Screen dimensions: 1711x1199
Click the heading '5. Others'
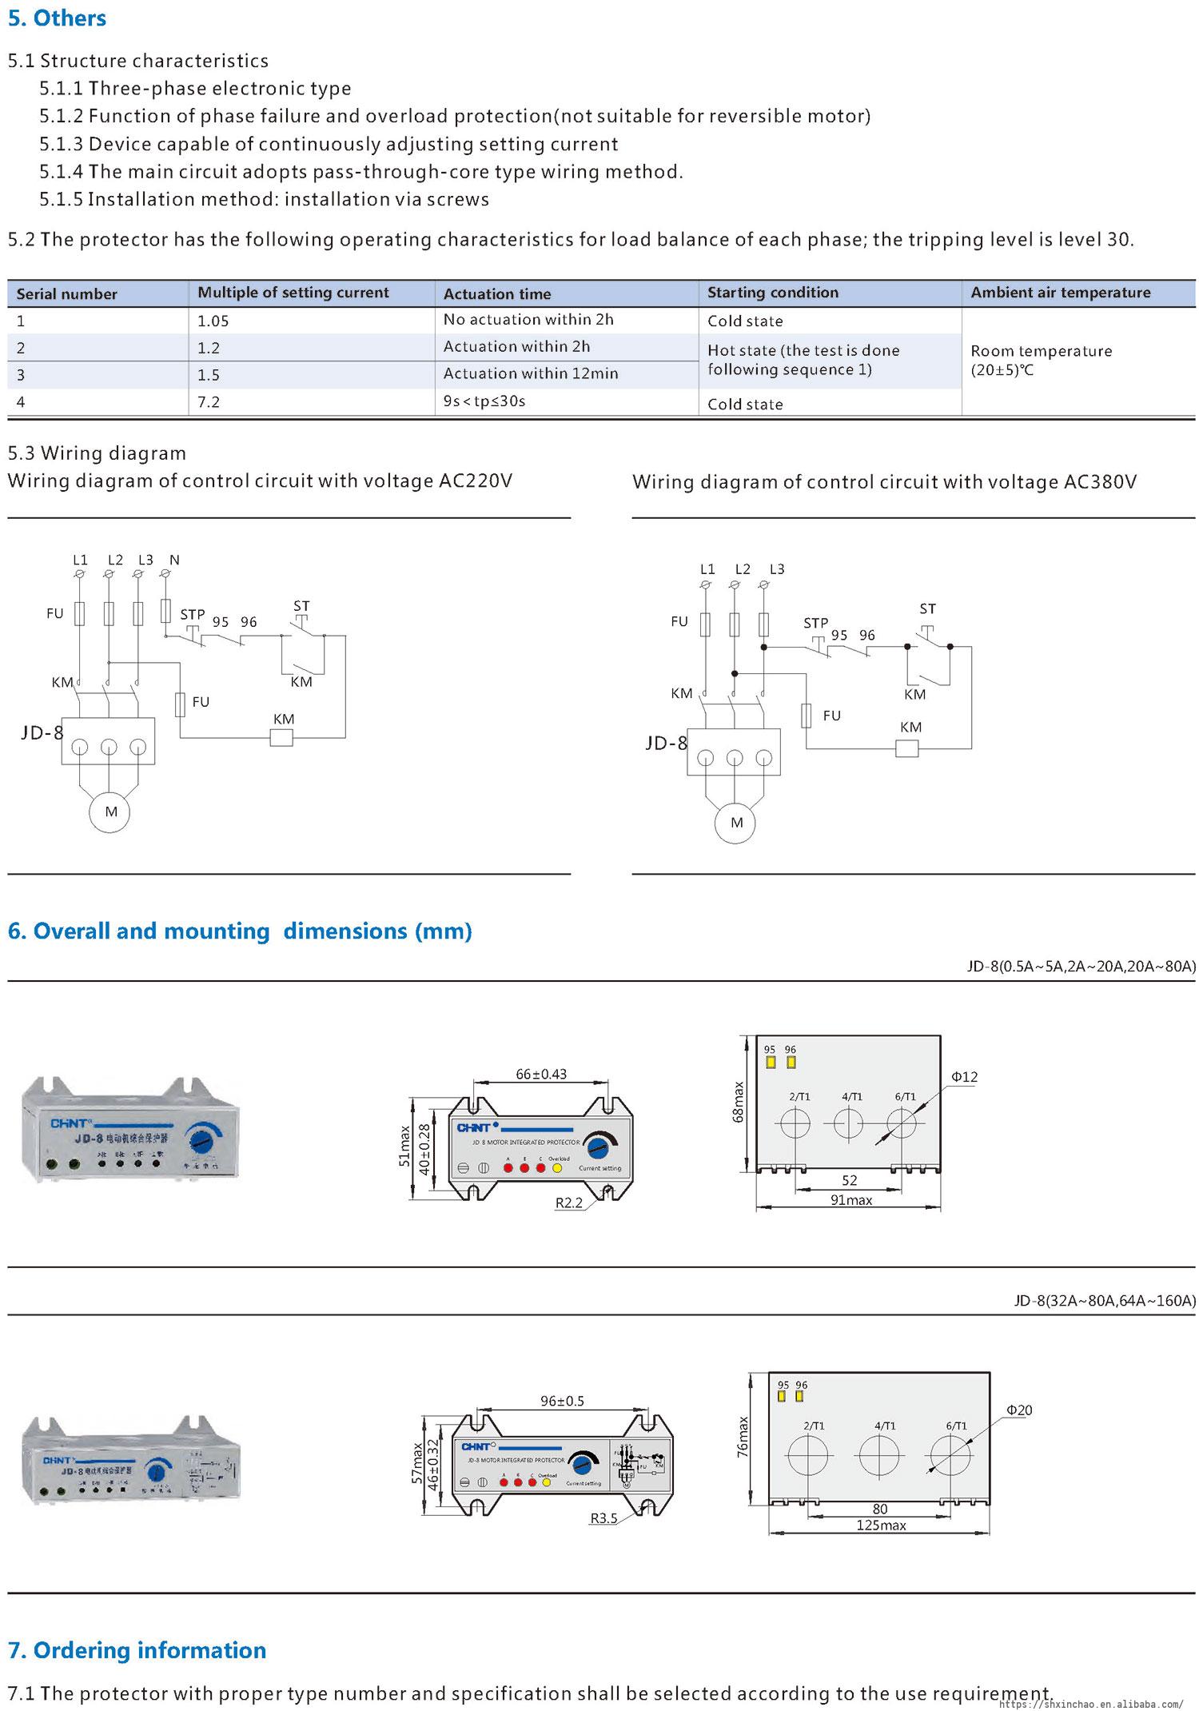click(57, 18)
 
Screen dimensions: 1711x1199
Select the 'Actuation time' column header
click(496, 293)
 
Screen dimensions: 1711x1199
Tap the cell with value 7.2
click(209, 401)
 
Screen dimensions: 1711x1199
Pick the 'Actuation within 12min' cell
click(530, 373)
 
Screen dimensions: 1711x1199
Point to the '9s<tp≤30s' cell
click(484, 401)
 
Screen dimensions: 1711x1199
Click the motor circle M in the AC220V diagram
click(111, 812)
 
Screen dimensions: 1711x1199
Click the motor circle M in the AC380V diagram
click(736, 822)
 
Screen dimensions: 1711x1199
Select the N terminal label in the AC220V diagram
click(174, 560)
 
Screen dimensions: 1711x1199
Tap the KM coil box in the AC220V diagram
click(282, 736)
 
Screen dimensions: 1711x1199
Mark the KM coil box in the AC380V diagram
click(906, 748)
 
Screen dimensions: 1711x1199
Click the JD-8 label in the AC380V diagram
click(665, 743)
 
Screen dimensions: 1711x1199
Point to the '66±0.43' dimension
click(541, 1074)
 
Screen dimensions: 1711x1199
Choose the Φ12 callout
click(964, 1077)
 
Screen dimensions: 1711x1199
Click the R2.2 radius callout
click(568, 1202)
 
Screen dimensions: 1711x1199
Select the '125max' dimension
click(881, 1525)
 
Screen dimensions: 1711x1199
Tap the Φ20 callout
click(1019, 1410)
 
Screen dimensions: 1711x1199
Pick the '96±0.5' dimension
click(562, 1401)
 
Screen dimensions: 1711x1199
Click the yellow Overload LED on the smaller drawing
click(557, 1168)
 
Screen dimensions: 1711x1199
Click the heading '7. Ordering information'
click(137, 1649)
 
